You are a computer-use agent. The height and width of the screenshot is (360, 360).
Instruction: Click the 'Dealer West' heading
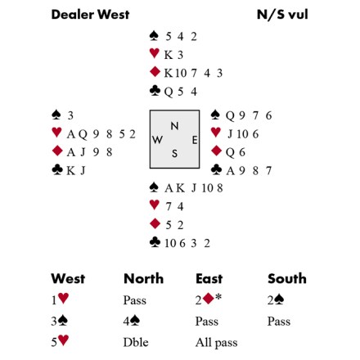[90, 15]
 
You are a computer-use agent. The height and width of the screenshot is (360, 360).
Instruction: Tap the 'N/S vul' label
[282, 15]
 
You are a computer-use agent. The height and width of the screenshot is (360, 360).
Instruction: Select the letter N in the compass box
[174, 126]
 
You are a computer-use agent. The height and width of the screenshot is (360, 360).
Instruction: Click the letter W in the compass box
[157, 140]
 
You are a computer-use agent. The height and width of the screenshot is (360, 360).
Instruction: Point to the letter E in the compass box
[195, 140]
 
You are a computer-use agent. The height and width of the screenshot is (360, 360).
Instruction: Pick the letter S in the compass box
[174, 154]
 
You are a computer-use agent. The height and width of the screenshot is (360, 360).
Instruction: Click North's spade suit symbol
[155, 36]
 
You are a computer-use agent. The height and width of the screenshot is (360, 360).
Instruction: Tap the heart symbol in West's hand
[56, 133]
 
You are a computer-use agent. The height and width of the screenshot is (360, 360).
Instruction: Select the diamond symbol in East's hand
[216, 151]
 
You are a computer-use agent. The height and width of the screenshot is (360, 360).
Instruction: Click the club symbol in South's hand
[155, 242]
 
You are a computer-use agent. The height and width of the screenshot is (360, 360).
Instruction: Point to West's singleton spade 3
[70, 116]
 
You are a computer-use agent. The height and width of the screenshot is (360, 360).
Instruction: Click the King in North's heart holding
[169, 55]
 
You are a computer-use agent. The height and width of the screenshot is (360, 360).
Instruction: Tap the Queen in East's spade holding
[230, 116]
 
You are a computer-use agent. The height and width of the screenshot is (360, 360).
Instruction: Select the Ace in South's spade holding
[169, 188]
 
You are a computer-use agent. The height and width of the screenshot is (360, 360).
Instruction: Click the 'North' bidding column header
[144, 278]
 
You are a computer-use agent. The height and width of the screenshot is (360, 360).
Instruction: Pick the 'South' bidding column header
[287, 278]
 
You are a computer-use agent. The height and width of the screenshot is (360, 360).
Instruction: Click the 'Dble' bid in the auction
[136, 342]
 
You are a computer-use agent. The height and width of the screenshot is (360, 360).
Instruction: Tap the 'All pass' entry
[216, 343]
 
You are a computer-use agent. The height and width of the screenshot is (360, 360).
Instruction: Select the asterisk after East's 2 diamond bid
[218, 296]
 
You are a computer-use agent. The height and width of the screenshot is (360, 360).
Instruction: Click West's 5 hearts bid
[60, 341]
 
